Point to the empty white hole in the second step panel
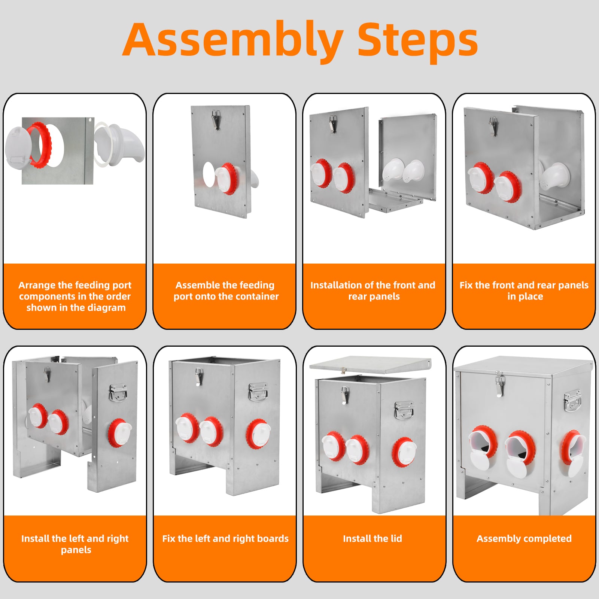pyautogui.click(x=209, y=174)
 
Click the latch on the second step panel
pyautogui.click(x=216, y=119)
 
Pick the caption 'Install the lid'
pyautogui.click(x=373, y=538)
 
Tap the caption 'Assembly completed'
pyautogui.click(x=524, y=539)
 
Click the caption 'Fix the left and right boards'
pyautogui.click(x=225, y=539)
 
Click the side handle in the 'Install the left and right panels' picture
pyautogui.click(x=118, y=392)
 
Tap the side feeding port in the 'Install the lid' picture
pyautogui.click(x=404, y=452)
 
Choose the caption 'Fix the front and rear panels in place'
pyautogui.click(x=524, y=291)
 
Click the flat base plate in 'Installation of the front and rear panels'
pyautogui.click(x=395, y=201)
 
